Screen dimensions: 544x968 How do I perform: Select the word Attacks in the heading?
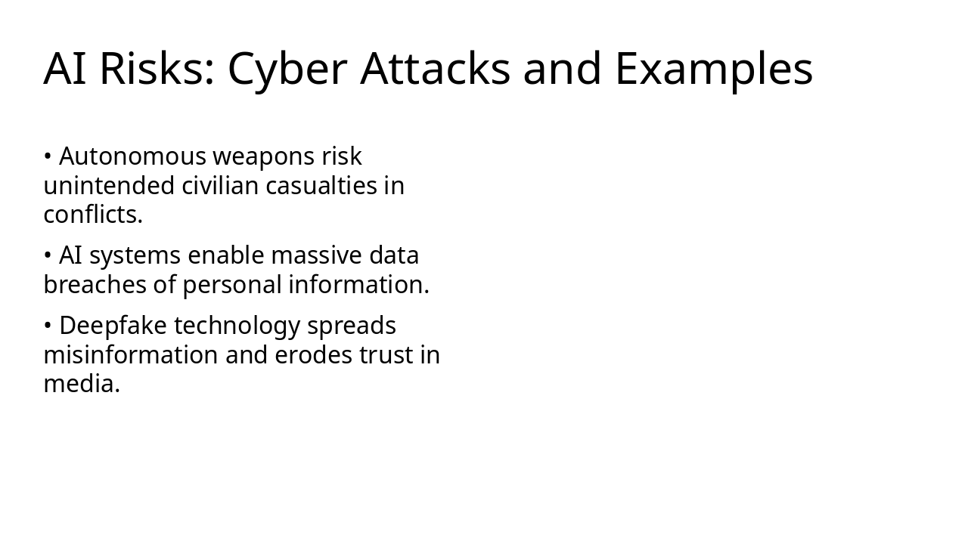(436, 69)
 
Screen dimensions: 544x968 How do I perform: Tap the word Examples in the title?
(713, 69)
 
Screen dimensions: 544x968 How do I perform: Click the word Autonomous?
(132, 156)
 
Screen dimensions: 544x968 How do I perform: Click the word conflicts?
(92, 215)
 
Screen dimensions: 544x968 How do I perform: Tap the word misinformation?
(131, 355)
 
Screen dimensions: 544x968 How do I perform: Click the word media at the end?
(81, 384)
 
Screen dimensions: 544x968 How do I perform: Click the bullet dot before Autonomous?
(47, 157)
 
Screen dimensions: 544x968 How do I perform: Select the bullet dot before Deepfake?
(47, 326)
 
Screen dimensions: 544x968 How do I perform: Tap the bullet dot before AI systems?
(47, 257)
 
